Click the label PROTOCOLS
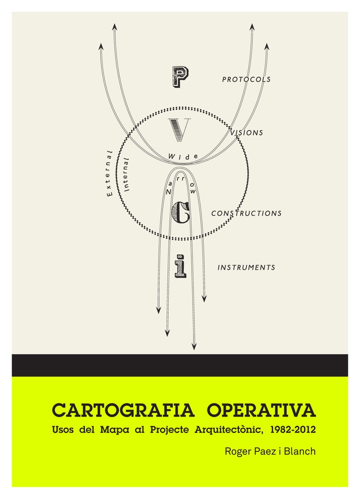[246, 80]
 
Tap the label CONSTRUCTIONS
[247, 213]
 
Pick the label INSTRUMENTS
[246, 267]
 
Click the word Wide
[183, 156]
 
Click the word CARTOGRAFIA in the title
[123, 411]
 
